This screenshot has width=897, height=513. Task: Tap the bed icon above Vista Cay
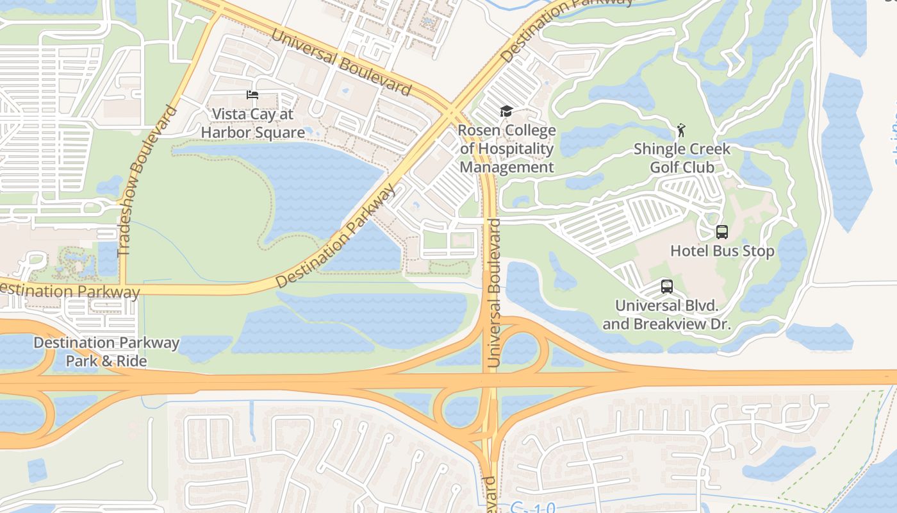pos(252,95)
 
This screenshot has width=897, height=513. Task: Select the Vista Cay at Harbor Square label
pos(252,123)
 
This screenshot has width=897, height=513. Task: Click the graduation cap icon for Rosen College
pos(506,112)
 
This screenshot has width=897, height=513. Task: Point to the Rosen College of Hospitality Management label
pos(507,149)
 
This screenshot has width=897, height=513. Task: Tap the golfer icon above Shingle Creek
pos(681,131)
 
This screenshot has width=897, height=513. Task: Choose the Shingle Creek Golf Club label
pos(682,158)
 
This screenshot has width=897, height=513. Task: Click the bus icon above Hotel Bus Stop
pos(722,231)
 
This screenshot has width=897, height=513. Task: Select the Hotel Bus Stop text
pos(722,251)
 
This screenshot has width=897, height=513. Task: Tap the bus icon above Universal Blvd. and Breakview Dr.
pos(667,287)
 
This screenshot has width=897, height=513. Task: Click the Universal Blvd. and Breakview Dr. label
pos(666,315)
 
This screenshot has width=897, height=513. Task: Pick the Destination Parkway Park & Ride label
pos(106,352)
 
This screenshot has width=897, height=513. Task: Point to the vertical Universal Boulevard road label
pos(493,293)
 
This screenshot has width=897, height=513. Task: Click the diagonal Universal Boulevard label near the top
pos(340,62)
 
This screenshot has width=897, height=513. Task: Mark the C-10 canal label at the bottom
pos(533,507)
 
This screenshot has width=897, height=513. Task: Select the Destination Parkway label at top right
pos(564,26)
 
